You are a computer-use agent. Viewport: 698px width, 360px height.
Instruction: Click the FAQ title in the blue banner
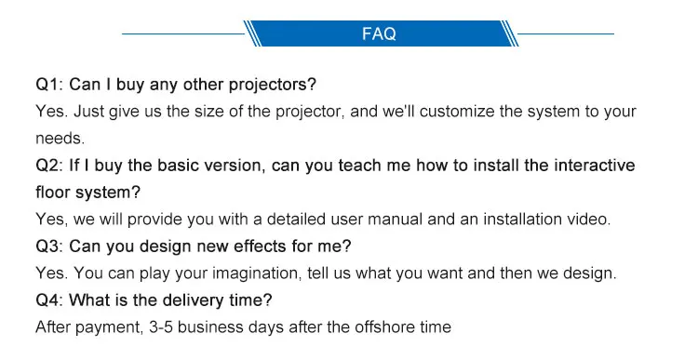(x=379, y=34)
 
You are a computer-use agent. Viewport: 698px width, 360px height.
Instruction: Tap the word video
(x=586, y=220)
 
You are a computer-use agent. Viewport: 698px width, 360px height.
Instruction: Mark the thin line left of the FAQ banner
(x=182, y=33)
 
